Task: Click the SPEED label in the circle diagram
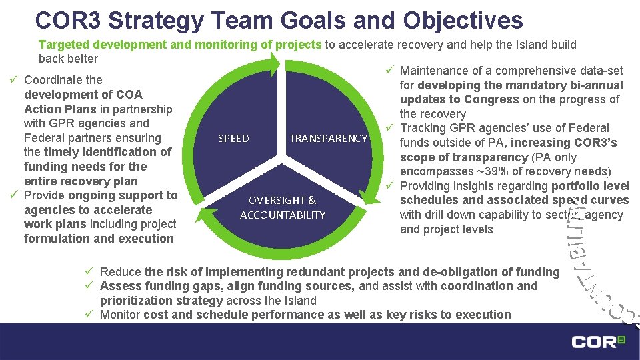tap(233, 139)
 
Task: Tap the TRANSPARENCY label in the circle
tap(328, 139)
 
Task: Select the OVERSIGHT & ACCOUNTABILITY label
tap(283, 207)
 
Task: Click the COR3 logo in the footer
tap(598, 342)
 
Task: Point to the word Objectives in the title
tap(463, 20)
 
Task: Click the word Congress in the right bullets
tap(491, 99)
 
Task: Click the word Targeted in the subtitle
tap(65, 45)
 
